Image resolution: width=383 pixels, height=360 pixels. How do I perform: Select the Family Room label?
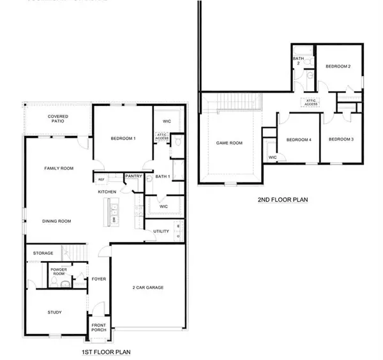pyautogui.click(x=59, y=169)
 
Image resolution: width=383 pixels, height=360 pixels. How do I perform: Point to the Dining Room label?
pyautogui.click(x=56, y=221)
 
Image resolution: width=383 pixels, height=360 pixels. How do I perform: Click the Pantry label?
pyautogui.click(x=133, y=176)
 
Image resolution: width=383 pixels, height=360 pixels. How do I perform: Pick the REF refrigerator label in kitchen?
pyautogui.click(x=101, y=180)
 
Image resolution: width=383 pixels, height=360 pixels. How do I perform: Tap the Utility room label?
pyautogui.click(x=160, y=231)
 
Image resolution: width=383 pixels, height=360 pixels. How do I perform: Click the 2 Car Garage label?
pyautogui.click(x=147, y=288)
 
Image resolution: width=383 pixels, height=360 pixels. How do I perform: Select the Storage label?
pyautogui.click(x=43, y=253)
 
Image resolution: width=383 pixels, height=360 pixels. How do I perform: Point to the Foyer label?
pyautogui.click(x=98, y=279)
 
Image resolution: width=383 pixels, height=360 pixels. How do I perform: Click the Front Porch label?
pyautogui.click(x=99, y=327)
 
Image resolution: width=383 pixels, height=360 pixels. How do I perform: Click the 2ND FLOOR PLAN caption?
pyautogui.click(x=283, y=199)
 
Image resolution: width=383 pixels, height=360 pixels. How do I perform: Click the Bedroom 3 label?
pyautogui.click(x=341, y=139)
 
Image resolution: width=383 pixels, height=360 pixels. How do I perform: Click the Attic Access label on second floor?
pyautogui.click(x=311, y=103)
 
